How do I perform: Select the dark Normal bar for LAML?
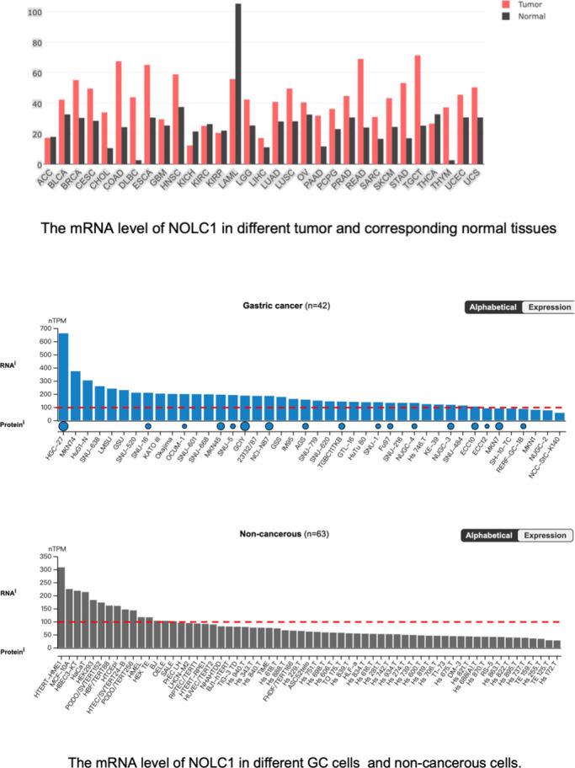tap(237, 84)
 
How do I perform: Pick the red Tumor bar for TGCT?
tap(440, 109)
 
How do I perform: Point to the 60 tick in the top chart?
tap(33, 73)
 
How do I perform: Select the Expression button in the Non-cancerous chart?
tap(546, 536)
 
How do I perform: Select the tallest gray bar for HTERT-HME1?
tap(61, 607)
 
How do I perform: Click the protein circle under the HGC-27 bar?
tap(63, 426)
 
